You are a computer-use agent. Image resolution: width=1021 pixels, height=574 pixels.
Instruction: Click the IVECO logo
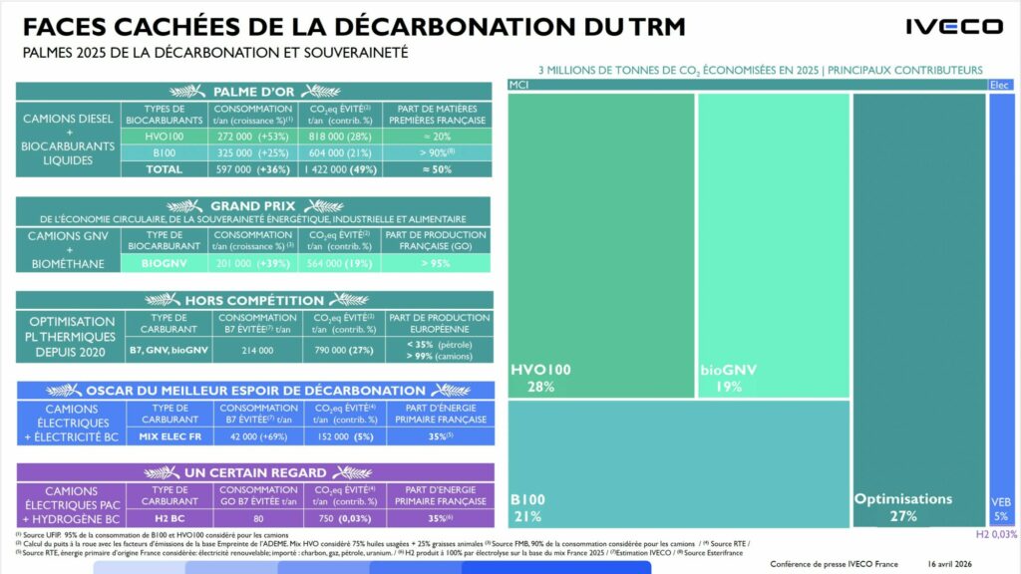point(953,27)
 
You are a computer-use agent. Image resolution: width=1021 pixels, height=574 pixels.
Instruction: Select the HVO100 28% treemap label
point(542,378)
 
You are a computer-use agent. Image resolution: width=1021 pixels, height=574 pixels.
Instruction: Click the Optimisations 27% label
point(903,506)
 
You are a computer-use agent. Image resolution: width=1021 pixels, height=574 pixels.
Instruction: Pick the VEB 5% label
point(1000,508)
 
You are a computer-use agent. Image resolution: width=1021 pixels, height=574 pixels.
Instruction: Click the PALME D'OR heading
point(254,92)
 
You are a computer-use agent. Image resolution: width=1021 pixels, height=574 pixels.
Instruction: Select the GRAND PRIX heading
point(254,205)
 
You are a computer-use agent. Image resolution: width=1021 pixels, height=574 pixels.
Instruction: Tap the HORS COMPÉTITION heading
point(254,299)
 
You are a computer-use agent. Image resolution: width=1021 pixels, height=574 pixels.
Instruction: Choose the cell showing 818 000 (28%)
point(339,137)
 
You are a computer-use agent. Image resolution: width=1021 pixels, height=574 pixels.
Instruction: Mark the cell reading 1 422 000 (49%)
point(339,169)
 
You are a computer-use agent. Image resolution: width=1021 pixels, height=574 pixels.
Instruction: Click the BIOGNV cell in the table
point(164,263)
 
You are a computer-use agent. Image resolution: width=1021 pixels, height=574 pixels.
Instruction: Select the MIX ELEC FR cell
point(164,435)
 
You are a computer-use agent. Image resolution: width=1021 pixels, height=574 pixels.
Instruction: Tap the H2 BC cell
point(164,518)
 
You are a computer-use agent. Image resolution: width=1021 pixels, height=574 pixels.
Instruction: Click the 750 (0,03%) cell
point(339,518)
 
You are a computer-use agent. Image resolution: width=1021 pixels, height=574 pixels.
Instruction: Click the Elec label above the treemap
point(1000,85)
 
